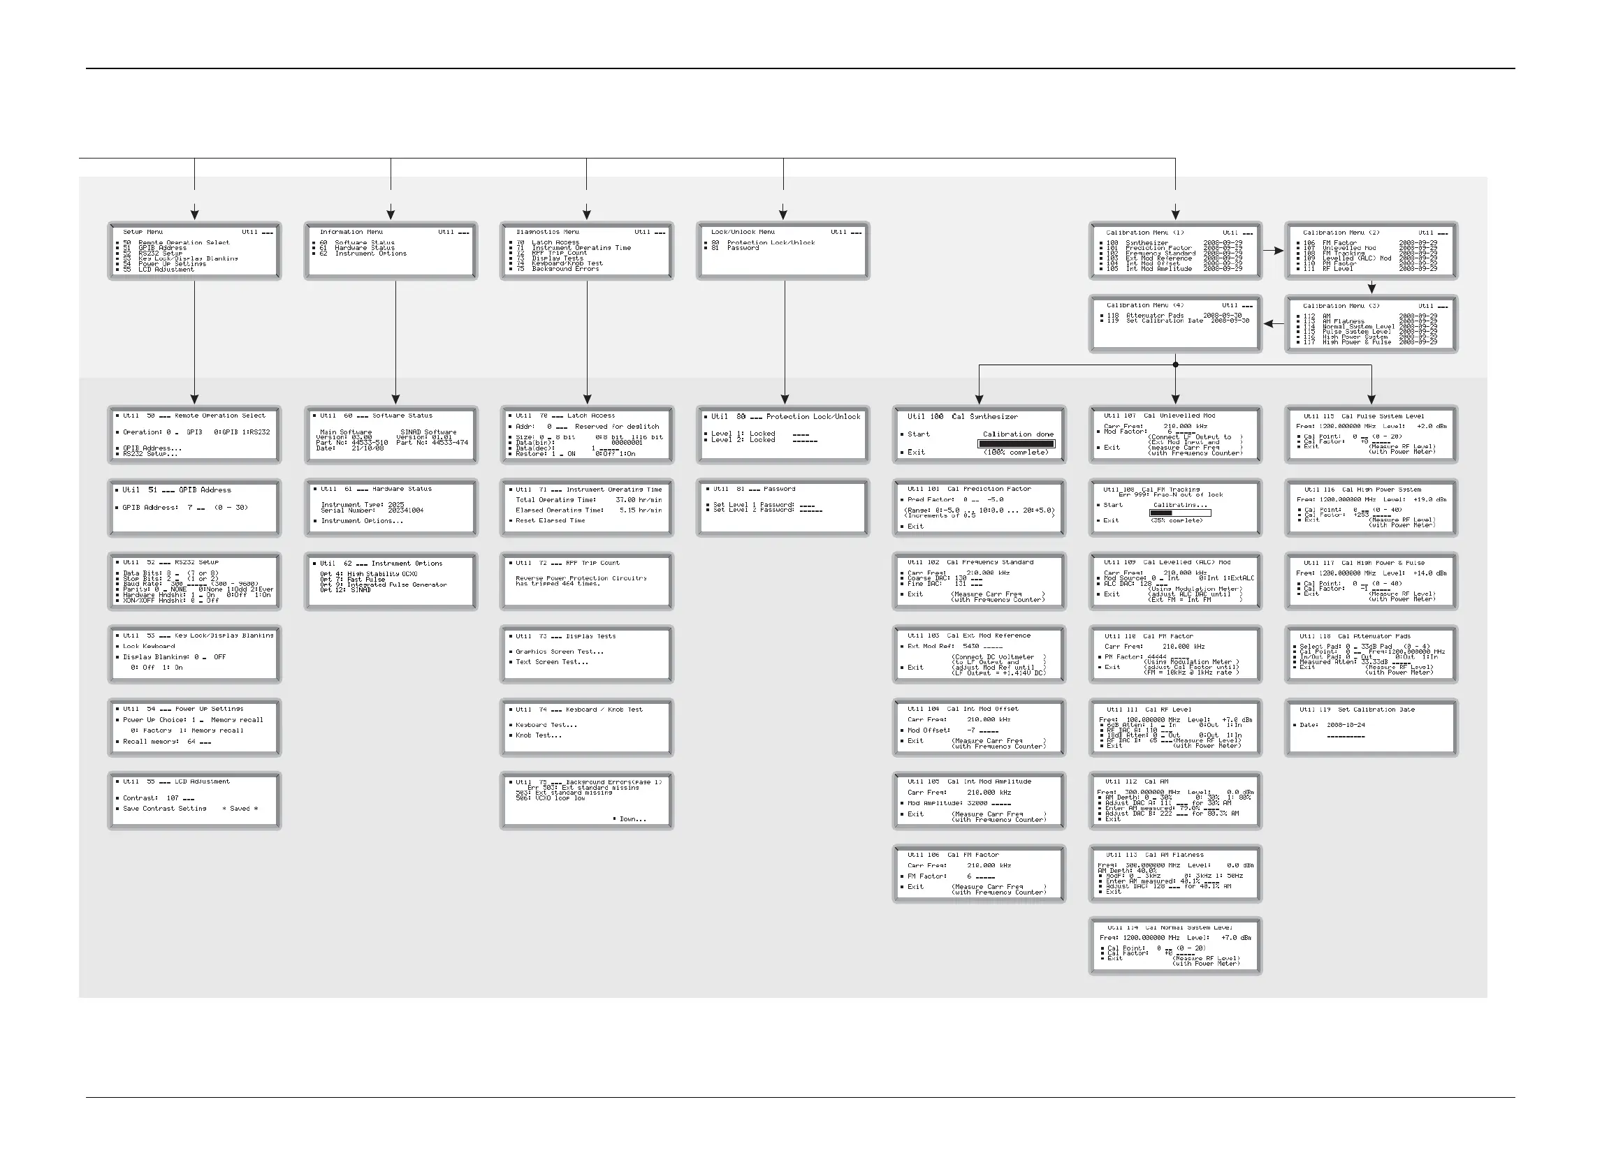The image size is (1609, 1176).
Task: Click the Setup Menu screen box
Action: tap(194, 251)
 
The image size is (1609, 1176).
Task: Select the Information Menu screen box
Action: tap(391, 251)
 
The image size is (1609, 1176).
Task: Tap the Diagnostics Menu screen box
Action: tap(586, 251)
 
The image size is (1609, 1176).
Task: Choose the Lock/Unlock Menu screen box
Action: tap(782, 251)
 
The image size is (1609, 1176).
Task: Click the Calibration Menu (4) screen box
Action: tap(1175, 324)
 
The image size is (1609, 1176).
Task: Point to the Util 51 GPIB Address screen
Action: tap(194, 508)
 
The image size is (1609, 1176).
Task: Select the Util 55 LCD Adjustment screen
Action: tap(194, 801)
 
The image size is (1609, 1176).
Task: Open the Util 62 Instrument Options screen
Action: tap(391, 581)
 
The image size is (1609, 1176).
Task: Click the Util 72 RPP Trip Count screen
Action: tap(586, 581)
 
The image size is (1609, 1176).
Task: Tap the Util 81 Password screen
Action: tap(782, 508)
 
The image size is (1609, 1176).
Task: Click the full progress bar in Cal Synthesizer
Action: tap(1016, 443)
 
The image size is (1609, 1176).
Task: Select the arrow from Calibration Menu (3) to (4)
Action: tap(1274, 324)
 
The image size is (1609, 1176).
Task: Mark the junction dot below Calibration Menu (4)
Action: tap(1175, 365)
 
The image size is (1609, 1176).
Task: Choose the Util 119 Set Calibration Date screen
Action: tap(1371, 728)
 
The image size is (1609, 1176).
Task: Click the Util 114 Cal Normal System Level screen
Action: tap(1175, 946)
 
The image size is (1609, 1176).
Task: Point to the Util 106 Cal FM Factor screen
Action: tap(979, 874)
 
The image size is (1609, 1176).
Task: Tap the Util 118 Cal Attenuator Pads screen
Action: tap(1371, 654)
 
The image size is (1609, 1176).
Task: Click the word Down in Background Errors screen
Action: tap(632, 819)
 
